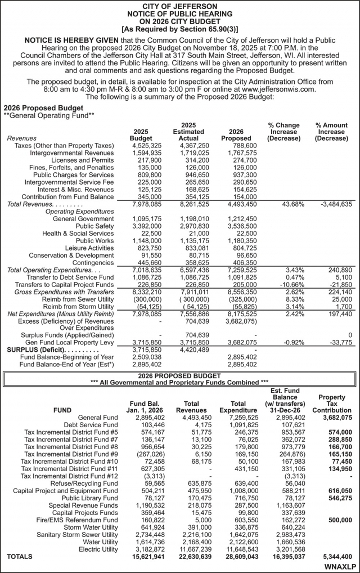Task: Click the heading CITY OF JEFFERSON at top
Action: pyautogui.click(x=180, y=5)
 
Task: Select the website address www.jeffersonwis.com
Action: pyautogui.click(x=282, y=89)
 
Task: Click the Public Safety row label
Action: pyautogui.click(x=94, y=226)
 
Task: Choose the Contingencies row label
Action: pyautogui.click(x=93, y=262)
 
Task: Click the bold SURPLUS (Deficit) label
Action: pyautogui.click(x=39, y=350)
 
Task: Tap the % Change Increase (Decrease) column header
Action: pyautogui.click(x=284, y=132)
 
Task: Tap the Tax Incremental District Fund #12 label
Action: pyautogui.click(x=69, y=476)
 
